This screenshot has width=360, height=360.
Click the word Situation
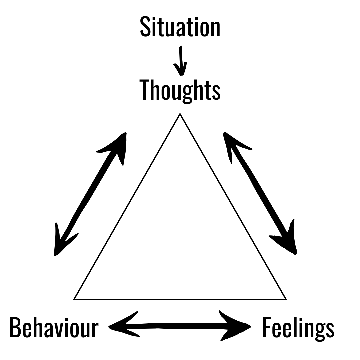pos(180,27)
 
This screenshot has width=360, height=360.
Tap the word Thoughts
pos(180,90)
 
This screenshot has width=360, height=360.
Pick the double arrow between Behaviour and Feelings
pos(180,326)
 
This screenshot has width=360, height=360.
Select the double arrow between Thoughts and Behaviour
pos(90,193)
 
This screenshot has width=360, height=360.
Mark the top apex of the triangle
pos(180,114)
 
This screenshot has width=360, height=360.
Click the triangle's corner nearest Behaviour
pos(74,299)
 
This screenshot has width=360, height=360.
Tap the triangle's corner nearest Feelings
pos(286,299)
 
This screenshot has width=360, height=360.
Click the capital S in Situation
pos(145,27)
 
